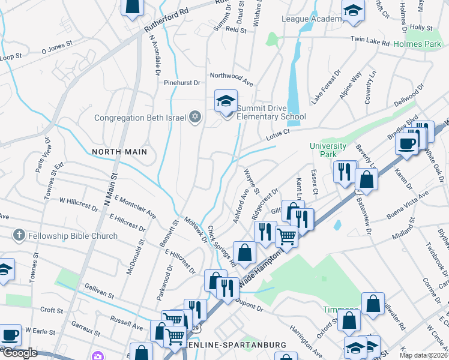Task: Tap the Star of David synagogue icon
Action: click(194, 117)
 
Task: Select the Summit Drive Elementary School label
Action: click(271, 112)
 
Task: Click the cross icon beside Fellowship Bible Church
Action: click(19, 236)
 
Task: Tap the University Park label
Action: click(328, 150)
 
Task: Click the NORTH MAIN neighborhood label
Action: click(119, 152)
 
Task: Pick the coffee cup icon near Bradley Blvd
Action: click(407, 144)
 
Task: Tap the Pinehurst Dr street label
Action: click(183, 83)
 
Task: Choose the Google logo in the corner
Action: click(20, 353)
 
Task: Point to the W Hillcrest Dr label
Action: click(78, 204)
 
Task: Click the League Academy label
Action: click(311, 19)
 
